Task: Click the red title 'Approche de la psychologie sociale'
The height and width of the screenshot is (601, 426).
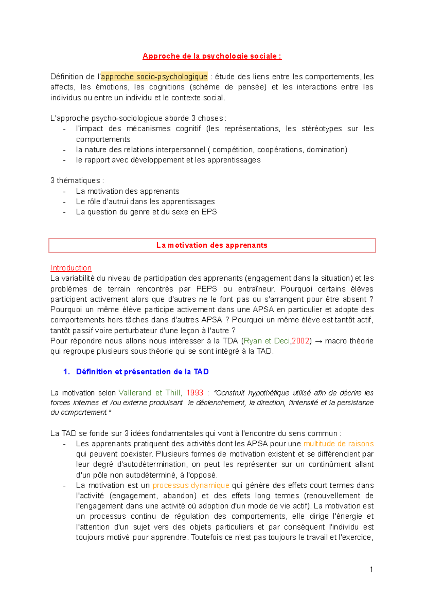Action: tap(212, 56)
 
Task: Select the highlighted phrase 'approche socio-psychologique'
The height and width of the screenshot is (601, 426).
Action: tap(154, 77)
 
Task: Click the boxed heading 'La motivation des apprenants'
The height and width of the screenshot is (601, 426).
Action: tap(212, 245)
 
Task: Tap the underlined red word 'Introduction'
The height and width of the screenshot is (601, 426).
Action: tap(71, 268)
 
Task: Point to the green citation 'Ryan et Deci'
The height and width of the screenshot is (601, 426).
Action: tap(267, 341)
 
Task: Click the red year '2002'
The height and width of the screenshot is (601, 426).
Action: tap(300, 341)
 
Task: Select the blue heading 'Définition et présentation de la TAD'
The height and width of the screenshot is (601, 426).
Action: tap(142, 372)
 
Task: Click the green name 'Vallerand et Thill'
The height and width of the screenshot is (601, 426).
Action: tap(150, 393)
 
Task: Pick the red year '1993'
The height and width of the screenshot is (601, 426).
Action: tap(195, 393)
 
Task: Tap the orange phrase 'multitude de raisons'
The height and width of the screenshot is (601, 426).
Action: tap(338, 444)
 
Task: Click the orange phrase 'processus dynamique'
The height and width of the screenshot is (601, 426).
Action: tap(191, 485)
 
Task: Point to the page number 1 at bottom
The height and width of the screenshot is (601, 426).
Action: tap(371, 570)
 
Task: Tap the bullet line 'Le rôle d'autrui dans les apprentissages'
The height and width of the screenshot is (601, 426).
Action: tap(145, 202)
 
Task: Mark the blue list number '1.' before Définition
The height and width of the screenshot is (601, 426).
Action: tap(66, 372)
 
